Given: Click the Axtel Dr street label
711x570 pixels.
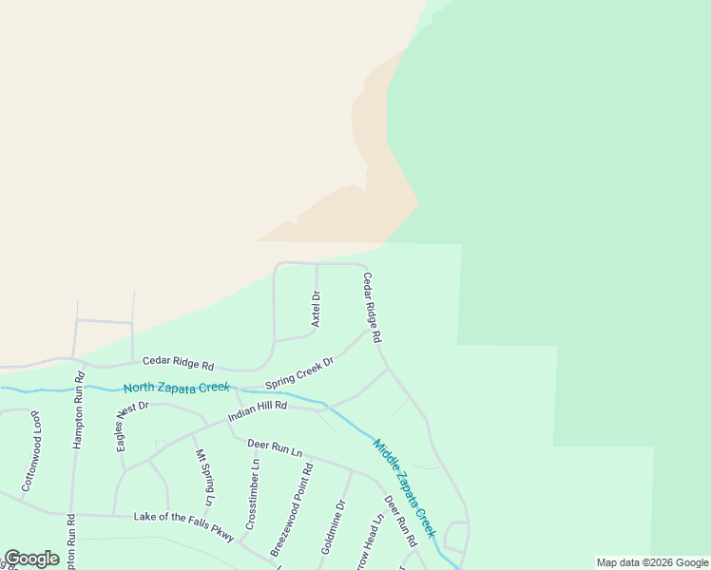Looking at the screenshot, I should [317, 310].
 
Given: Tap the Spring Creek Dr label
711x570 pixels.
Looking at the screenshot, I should [299, 373].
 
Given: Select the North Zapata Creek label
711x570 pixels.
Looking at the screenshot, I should [176, 388].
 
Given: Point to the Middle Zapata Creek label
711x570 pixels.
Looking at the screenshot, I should [404, 486].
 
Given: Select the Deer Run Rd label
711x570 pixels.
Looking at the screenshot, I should [400, 521].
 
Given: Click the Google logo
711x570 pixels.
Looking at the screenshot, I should [31, 559].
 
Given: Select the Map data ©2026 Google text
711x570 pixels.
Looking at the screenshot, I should [653, 562].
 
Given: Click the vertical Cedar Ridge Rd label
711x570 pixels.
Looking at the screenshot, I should [372, 308].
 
